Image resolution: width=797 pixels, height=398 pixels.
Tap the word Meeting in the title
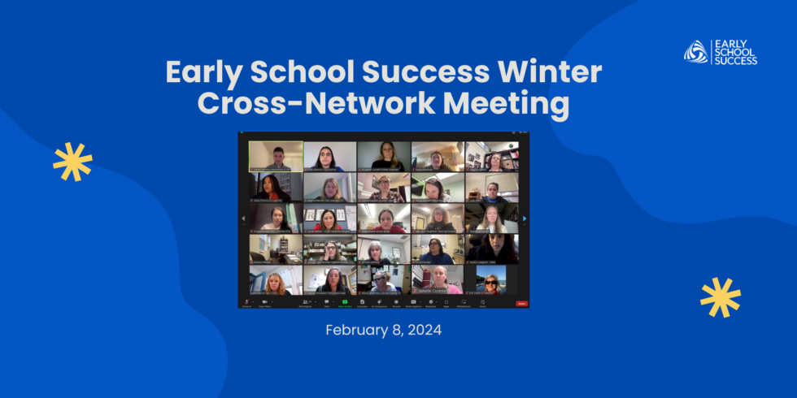499,105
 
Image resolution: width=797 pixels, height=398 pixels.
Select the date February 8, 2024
383,330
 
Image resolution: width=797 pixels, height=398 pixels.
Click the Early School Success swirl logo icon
695,51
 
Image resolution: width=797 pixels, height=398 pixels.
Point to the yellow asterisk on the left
72,161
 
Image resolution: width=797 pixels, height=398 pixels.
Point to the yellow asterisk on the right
721,297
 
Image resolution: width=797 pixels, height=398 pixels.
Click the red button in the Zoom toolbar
521,303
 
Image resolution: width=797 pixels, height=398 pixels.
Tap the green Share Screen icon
345,301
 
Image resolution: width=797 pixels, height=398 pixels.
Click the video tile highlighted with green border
276,156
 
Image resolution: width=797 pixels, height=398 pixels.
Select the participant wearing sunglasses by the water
491,279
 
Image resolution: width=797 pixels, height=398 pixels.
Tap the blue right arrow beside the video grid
525,218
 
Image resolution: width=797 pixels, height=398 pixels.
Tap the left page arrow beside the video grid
242,218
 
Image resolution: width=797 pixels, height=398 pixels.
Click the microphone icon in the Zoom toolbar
247,301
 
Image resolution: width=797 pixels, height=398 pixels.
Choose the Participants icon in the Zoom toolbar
305,301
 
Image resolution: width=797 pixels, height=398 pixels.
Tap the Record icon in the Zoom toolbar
396,301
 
